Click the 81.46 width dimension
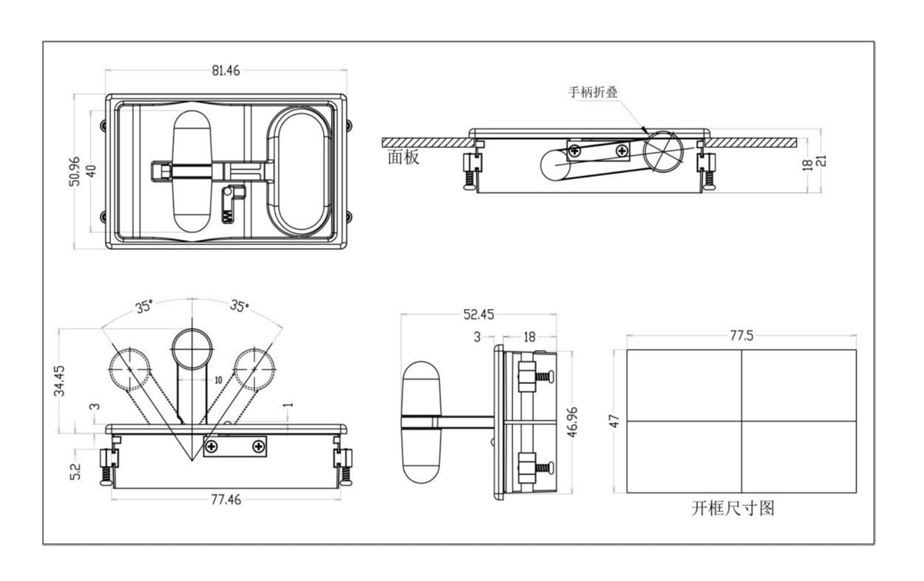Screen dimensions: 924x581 226,71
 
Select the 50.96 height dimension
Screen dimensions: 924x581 74,171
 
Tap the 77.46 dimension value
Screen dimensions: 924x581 226,500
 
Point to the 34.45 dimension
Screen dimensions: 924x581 60,380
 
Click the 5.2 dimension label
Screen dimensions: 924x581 76,471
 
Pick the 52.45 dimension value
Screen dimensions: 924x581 479,315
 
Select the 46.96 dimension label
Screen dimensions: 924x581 573,422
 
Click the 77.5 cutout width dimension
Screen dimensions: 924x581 742,336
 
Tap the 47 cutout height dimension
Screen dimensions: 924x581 614,421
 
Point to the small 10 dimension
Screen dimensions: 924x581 218,380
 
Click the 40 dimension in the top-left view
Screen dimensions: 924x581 92,171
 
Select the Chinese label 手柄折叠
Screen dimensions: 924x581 593,92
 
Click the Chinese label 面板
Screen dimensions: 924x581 404,158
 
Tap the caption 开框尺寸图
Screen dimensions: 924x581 733,508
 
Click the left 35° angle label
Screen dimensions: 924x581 144,307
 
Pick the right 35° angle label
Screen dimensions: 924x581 240,306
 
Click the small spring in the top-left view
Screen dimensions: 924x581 226,214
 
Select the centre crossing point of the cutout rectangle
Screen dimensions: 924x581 742,421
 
